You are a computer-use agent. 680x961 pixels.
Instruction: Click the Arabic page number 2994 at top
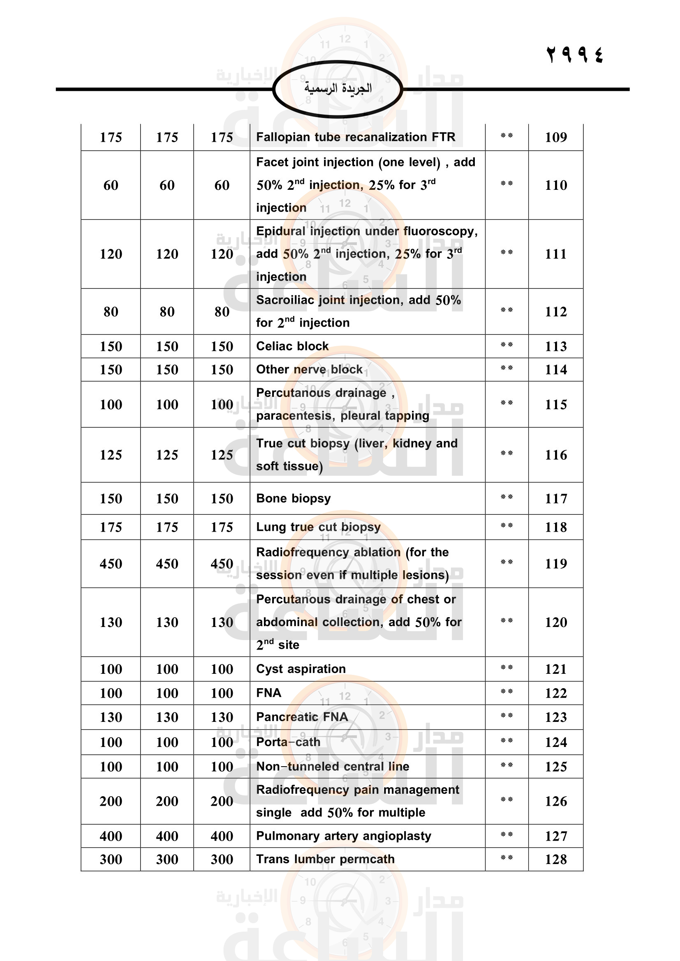click(x=574, y=55)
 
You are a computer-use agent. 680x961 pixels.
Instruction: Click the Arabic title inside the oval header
click(x=338, y=88)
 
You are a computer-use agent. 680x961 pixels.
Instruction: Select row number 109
click(x=556, y=137)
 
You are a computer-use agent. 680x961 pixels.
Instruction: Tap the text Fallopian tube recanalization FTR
click(x=356, y=137)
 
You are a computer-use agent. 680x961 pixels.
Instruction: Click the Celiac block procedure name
click(x=292, y=346)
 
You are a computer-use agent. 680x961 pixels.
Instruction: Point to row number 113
click(x=556, y=346)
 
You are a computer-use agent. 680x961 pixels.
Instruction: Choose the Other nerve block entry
click(x=309, y=370)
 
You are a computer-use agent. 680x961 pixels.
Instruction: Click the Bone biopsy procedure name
click(x=293, y=498)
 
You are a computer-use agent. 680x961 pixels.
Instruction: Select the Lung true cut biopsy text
click(x=318, y=527)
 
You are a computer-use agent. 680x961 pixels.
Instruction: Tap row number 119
click(x=556, y=564)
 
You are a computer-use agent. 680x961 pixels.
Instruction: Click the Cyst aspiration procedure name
click(x=301, y=669)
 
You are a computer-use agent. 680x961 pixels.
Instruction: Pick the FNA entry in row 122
click(x=268, y=693)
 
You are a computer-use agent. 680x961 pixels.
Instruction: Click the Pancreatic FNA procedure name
click(x=302, y=717)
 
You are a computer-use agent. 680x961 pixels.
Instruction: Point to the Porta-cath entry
click(x=288, y=742)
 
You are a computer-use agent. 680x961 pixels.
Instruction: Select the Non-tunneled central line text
click(x=333, y=766)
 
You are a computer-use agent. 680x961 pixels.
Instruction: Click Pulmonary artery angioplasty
click(x=343, y=836)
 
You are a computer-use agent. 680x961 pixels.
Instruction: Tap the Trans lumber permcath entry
click(x=325, y=859)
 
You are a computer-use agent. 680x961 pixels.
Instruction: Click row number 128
click(x=556, y=859)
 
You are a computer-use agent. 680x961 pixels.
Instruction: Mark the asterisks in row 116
click(x=507, y=453)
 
